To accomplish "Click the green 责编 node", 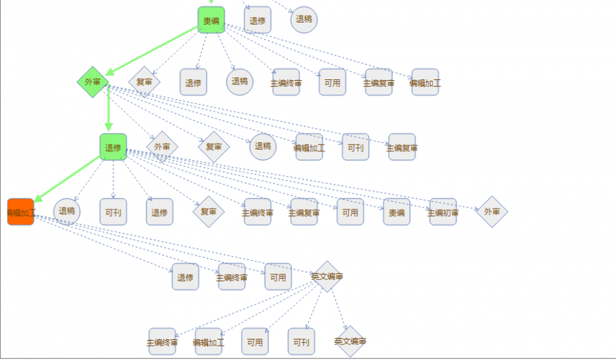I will click(211, 20).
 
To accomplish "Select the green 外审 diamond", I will click(93, 82).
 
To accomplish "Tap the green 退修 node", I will click(113, 147).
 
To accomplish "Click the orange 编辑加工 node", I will click(21, 212).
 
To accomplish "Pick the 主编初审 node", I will click(443, 212).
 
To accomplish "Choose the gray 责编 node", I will click(396, 212).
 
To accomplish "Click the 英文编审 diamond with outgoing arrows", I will click(326, 277).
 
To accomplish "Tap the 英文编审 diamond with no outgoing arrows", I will click(350, 341).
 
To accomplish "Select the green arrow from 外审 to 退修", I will click(108, 110).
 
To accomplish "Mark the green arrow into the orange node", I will click(67, 179).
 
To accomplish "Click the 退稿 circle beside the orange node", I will click(67, 211).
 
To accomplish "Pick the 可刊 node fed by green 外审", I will click(355, 147).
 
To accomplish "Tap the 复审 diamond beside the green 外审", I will click(144, 82).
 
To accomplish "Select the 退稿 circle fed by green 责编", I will click(240, 81).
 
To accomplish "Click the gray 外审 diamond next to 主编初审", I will click(491, 212).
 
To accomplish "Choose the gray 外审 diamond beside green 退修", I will click(162, 147).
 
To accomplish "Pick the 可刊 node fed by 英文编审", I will click(301, 341).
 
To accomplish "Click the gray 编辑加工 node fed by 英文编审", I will click(208, 341).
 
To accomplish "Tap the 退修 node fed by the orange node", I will click(185, 277).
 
